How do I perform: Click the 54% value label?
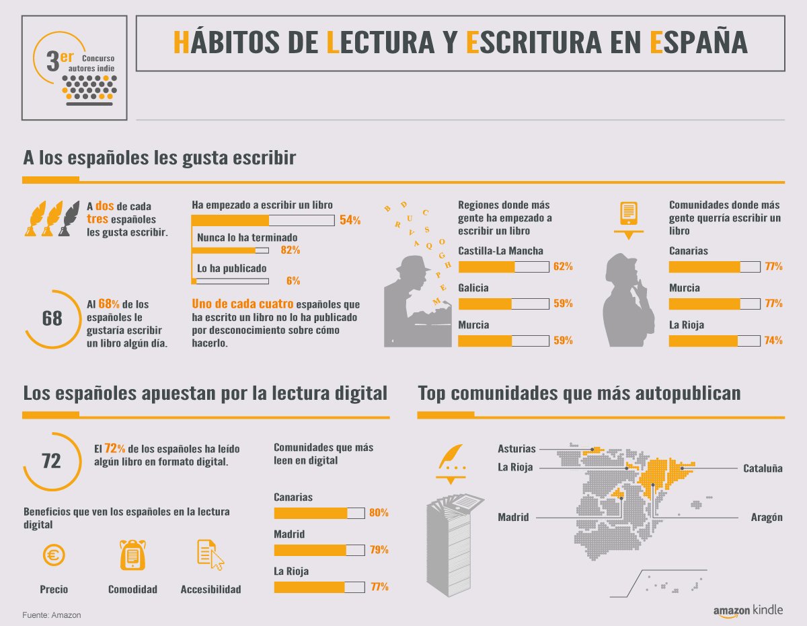(350, 221)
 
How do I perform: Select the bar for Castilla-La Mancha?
(503, 267)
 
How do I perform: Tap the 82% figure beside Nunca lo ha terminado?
(291, 250)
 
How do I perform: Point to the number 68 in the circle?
(52, 318)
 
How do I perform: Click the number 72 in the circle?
(51, 461)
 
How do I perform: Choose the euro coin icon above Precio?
(53, 555)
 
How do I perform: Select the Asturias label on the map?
(516, 449)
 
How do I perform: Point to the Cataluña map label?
(763, 468)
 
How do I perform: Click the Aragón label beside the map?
(767, 518)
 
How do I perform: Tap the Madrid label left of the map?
(513, 518)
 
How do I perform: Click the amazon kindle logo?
(748, 610)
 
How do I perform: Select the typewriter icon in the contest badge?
(89, 89)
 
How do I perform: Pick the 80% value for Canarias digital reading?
(379, 513)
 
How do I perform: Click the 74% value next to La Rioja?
(773, 341)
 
